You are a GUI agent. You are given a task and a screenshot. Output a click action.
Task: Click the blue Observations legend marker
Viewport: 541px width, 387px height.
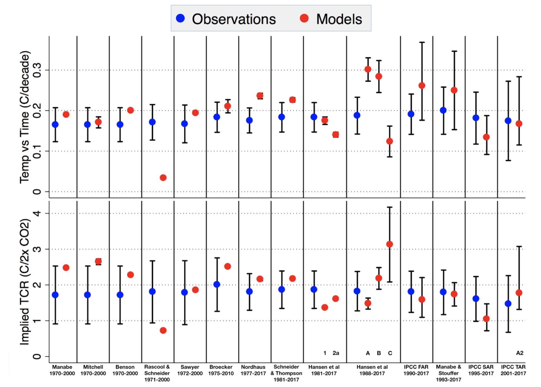pos(180,18)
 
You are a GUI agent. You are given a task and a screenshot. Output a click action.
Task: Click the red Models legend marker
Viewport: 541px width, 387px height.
pos(304,18)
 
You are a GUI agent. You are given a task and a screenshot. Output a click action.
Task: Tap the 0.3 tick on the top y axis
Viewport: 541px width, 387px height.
pos(37,70)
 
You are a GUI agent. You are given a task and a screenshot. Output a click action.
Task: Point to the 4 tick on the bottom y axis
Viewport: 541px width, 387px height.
pos(37,213)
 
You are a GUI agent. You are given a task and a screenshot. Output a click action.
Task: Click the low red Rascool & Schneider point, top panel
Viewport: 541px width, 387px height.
pos(163,178)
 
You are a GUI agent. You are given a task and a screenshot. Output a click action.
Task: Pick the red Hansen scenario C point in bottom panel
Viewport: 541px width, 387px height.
pos(389,244)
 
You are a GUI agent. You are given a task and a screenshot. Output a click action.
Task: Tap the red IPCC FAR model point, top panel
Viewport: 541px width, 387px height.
pos(422,86)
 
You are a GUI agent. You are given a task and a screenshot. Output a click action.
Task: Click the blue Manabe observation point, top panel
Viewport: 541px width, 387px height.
pos(55,125)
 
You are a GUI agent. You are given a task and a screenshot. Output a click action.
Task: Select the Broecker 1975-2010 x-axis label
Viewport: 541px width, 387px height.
pos(221,370)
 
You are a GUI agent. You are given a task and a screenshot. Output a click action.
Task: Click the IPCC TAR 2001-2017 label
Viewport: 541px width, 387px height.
pos(513,370)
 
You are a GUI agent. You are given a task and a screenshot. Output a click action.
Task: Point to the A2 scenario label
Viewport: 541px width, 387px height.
pos(520,353)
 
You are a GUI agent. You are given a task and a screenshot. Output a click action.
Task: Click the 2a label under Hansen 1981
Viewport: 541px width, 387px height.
pos(336,353)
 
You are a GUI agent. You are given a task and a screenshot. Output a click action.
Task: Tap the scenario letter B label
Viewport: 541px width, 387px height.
pos(379,353)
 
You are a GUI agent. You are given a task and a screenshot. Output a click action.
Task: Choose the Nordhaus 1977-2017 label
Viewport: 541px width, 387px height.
pos(253,370)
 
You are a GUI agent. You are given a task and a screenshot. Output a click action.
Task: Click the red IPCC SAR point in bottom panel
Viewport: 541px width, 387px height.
pos(486,319)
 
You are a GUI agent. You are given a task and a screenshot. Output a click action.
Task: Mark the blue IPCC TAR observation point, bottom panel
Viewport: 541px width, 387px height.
pos(508,304)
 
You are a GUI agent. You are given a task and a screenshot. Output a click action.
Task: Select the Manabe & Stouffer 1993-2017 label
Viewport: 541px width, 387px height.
pos(448,373)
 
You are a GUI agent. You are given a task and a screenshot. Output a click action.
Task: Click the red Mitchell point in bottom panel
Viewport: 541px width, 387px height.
pos(98,261)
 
